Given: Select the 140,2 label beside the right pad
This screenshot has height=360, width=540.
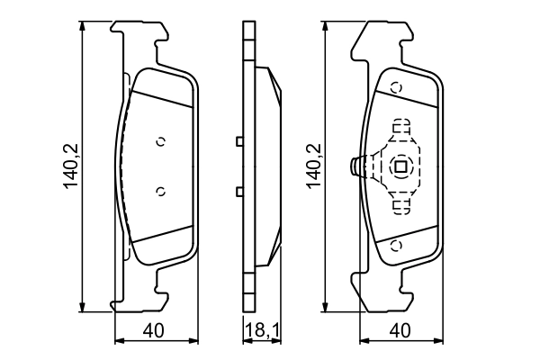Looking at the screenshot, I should pos(312,166).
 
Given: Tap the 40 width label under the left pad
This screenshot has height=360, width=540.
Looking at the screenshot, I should pos(157,331).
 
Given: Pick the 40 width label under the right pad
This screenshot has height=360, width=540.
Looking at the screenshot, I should pos(401,331).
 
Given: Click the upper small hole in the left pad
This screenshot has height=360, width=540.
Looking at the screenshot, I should pos(160,140).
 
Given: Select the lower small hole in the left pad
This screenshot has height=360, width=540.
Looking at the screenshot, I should pos(160,190).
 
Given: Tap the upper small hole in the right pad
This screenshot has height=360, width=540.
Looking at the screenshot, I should pos(396,87).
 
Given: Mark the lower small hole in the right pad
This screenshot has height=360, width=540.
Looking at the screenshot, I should pos(396,244).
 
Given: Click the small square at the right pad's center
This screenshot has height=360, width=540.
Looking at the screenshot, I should pos(401,166).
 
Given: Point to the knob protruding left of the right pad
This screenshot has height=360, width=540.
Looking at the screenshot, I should pos(355,166).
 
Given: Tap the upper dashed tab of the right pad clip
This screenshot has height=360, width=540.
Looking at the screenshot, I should pos(401,128).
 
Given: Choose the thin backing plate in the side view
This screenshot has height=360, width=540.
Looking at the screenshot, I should pos(246,166).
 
